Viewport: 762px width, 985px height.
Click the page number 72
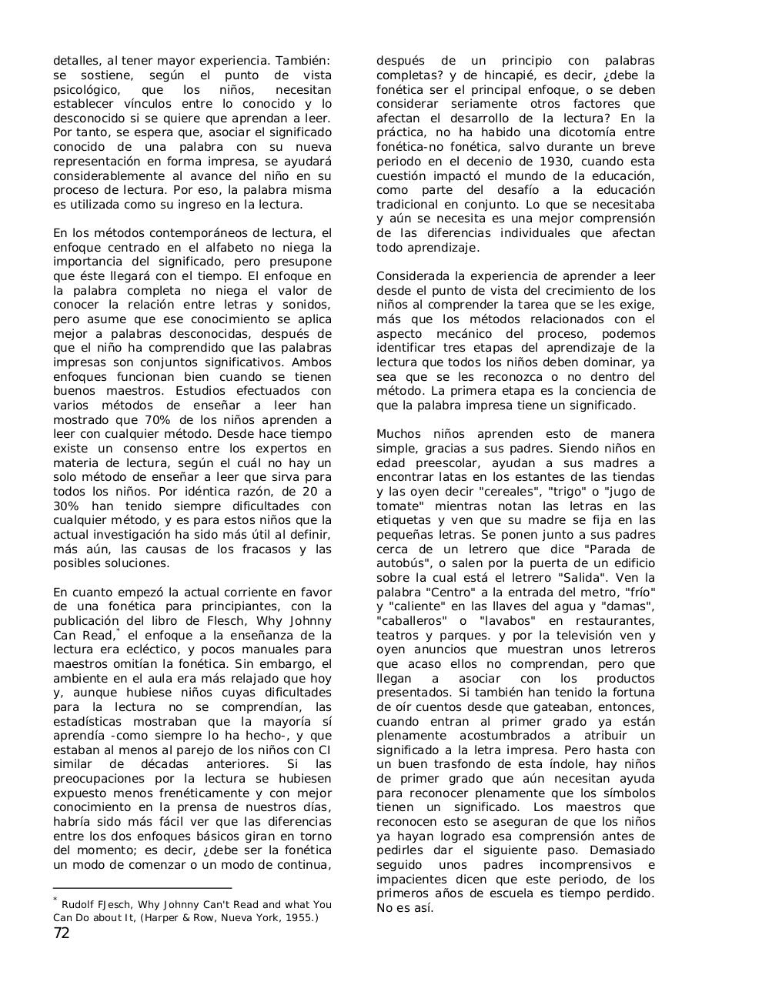pyautogui.click(x=62, y=933)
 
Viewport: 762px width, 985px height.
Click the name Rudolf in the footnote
pyautogui.click(x=79, y=905)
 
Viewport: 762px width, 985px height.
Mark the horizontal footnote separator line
pyautogui.click(x=142, y=888)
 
